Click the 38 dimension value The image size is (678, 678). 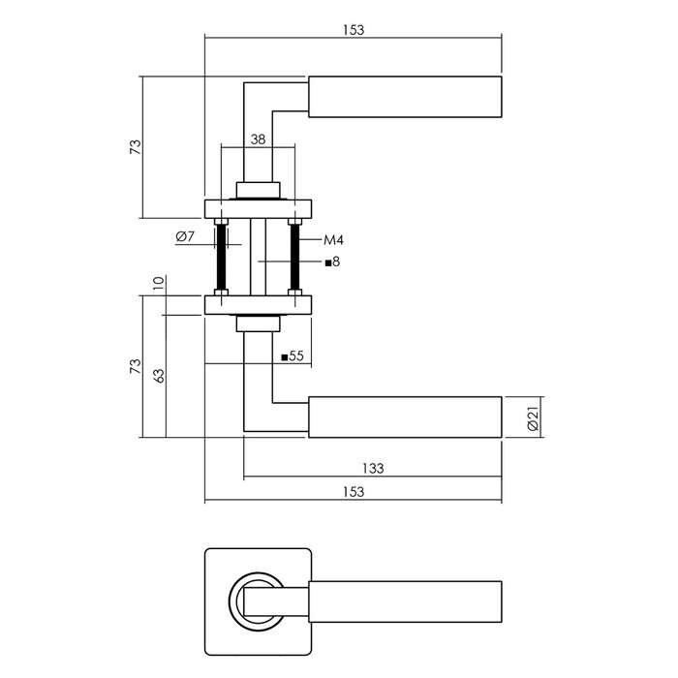pyautogui.click(x=257, y=139)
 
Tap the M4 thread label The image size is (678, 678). pyautogui.click(x=334, y=239)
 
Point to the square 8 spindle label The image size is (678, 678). pyautogui.click(x=332, y=262)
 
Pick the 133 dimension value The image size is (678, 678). pyautogui.click(x=373, y=468)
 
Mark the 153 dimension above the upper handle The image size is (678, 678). pyautogui.click(x=354, y=30)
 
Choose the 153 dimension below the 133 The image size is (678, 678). pyautogui.click(x=354, y=492)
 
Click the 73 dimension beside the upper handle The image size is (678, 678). pyautogui.click(x=136, y=147)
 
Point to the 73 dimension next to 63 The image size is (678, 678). pyautogui.click(x=136, y=367)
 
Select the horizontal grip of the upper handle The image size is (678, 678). pyautogui.click(x=405, y=97)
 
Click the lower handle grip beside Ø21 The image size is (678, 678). pyautogui.click(x=405, y=416)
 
